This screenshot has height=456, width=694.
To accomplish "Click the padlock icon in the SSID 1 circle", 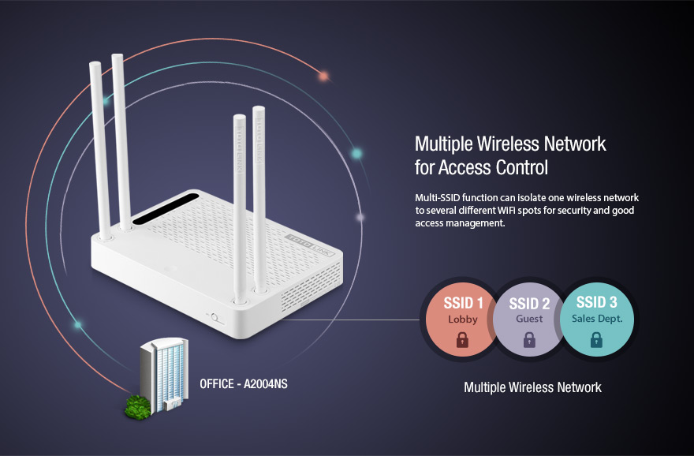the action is coord(462,339).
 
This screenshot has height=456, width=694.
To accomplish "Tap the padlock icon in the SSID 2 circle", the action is coord(529,339).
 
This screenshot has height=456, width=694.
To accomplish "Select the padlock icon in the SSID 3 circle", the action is coord(597,339).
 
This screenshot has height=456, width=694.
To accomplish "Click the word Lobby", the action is coord(462,320).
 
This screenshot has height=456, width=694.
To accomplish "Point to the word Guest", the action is coord(529,319).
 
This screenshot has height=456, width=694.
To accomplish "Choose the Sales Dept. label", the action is coord(597,319).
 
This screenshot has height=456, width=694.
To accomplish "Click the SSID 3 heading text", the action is coord(597,302).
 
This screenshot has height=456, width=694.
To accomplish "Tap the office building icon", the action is coord(164,376).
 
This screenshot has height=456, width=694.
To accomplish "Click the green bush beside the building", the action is coord(138,407).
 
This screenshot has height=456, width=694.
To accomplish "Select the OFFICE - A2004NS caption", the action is coord(244,384).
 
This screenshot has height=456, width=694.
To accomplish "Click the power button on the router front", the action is coord(215,317).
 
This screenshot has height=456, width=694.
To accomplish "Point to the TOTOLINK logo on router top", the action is coord(310,245).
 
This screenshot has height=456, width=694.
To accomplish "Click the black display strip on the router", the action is coord(165,208).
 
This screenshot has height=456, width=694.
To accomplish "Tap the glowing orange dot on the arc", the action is coord(324,77).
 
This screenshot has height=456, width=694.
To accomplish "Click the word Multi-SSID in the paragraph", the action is coord(437,197).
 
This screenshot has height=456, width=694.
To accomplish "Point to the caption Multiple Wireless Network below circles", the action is coord(532,387).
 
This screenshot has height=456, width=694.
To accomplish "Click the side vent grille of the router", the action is coord(312,286).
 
